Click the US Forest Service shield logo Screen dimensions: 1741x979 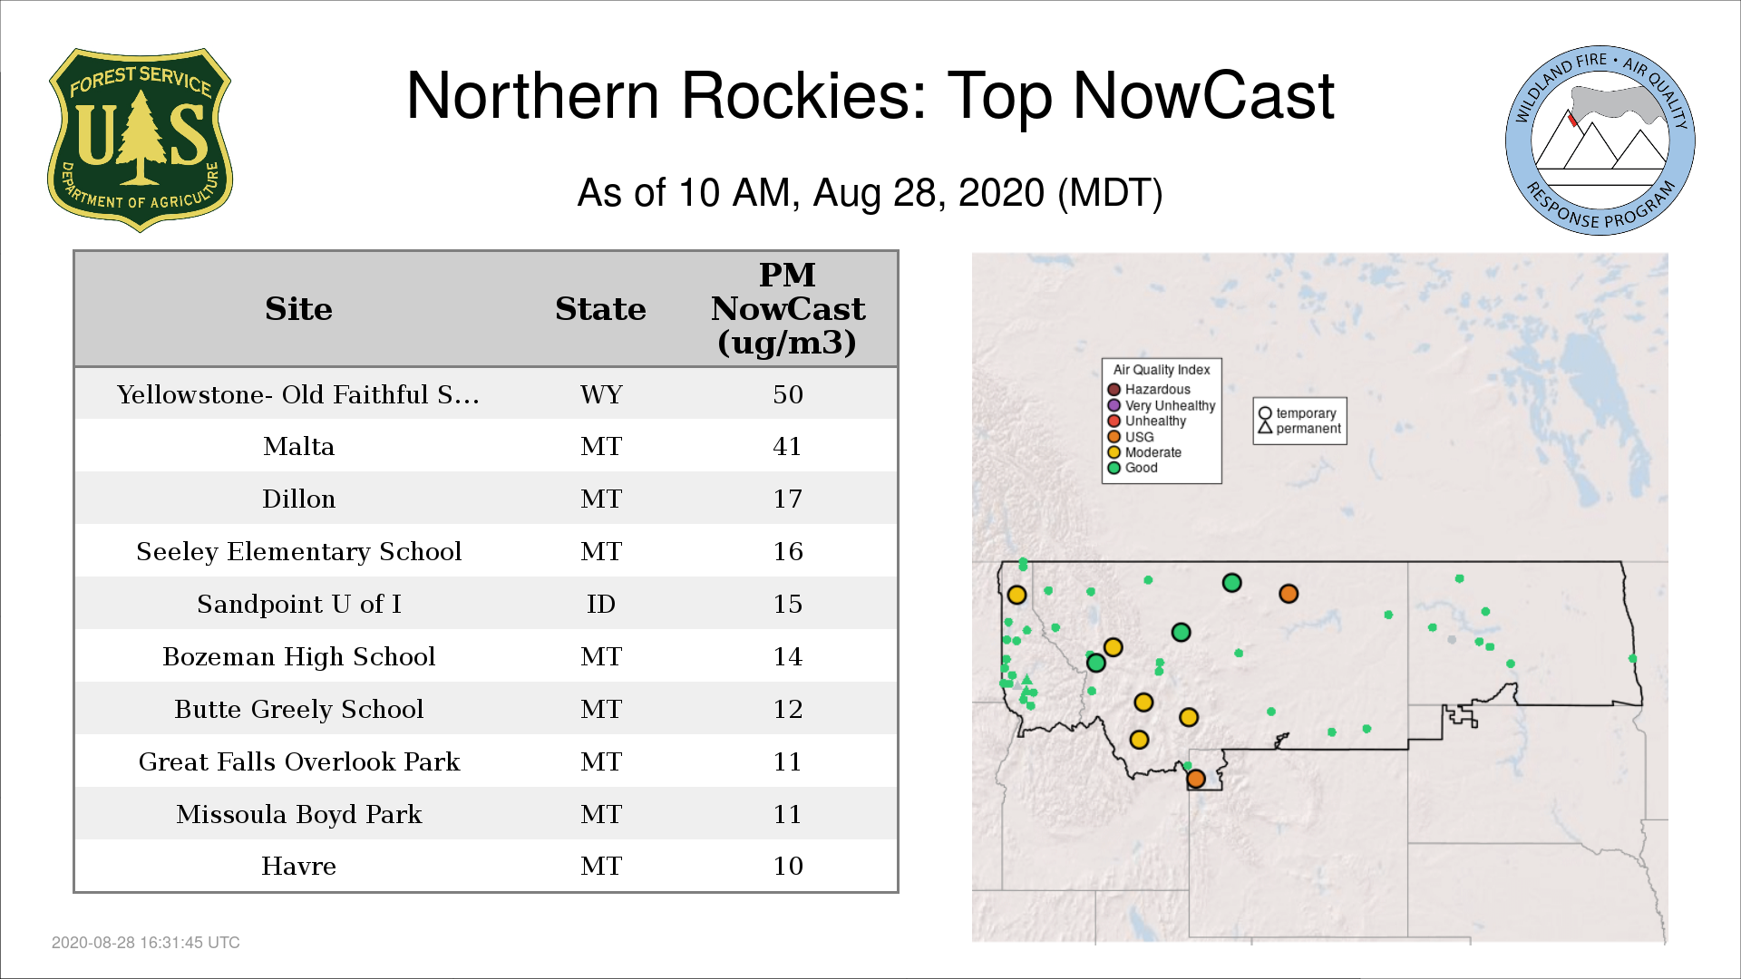140,140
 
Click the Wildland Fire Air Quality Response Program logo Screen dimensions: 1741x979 1600,141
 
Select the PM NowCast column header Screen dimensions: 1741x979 787,308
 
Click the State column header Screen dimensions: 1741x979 600,309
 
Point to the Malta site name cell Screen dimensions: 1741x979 298,446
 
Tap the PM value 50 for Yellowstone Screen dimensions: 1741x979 788,394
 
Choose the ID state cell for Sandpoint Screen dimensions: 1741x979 601,604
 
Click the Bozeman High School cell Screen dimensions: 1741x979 298,656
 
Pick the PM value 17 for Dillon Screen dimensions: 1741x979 788,499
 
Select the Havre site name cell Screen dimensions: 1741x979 298,866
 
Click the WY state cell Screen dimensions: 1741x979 601,394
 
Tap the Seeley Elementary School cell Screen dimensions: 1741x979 298,551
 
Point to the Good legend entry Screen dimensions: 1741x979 1133,468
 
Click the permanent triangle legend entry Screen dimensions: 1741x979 1299,428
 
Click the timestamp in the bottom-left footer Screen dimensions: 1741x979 146,943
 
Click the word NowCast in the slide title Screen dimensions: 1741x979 1203,96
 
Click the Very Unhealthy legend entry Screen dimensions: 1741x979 1162,405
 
